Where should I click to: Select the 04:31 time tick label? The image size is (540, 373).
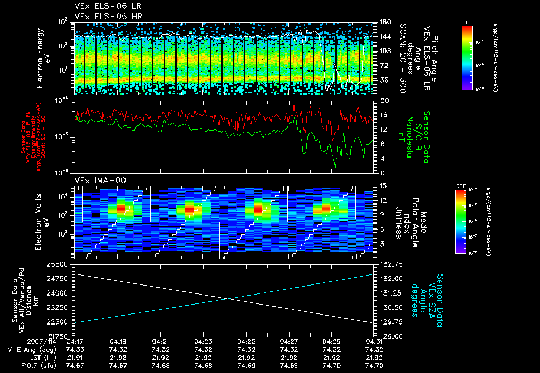coord(374,341)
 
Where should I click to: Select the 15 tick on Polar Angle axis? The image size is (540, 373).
coord(382,186)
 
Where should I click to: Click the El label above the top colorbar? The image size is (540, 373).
coord(467,22)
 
